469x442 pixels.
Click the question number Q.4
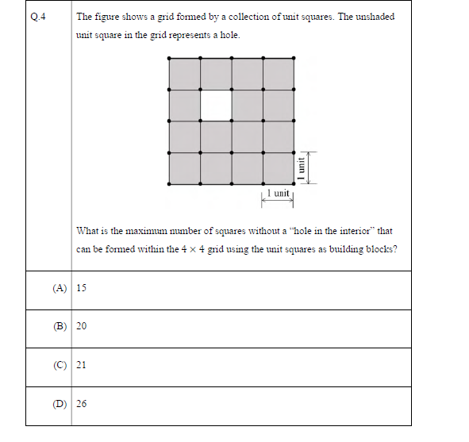pyautogui.click(x=37, y=17)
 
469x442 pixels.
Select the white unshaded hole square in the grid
pyautogui.click(x=216, y=105)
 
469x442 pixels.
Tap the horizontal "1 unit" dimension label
pyautogui.click(x=279, y=193)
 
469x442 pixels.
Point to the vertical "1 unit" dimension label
pyautogui.click(x=301, y=167)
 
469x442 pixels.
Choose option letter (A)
pyautogui.click(x=60, y=288)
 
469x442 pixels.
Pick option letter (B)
pyautogui.click(x=60, y=326)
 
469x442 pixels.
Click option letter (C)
pyautogui.click(x=60, y=365)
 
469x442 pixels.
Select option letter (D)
pyautogui.click(x=60, y=404)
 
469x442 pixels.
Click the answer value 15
pyautogui.click(x=82, y=288)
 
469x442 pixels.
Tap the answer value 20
pyautogui.click(x=82, y=326)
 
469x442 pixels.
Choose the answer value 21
pyautogui.click(x=82, y=365)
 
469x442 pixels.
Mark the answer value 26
pyautogui.click(x=82, y=404)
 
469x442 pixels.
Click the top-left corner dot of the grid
pyautogui.click(x=169, y=58)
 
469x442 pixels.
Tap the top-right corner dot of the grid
pyautogui.click(x=294, y=58)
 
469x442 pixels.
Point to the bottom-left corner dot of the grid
pyautogui.click(x=169, y=183)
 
